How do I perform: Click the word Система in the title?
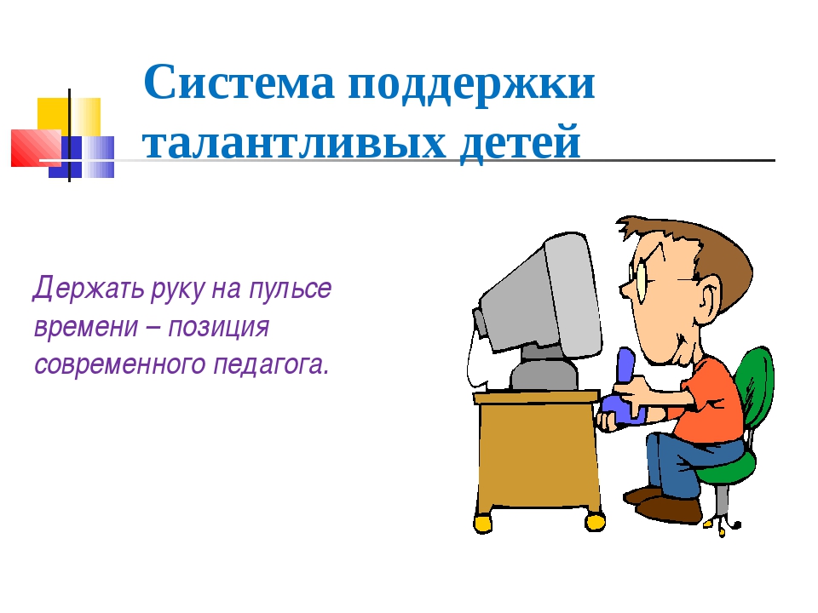(x=239, y=83)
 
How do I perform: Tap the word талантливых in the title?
(x=294, y=141)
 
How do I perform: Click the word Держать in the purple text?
(x=88, y=289)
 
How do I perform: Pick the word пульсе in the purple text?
(x=290, y=289)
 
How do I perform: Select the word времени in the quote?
(x=86, y=327)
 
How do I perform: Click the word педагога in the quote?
(x=271, y=365)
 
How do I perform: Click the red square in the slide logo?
(x=36, y=148)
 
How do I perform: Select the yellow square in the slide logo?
(x=69, y=117)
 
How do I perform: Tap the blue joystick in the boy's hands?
(x=625, y=388)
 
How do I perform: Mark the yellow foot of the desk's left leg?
(x=482, y=524)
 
